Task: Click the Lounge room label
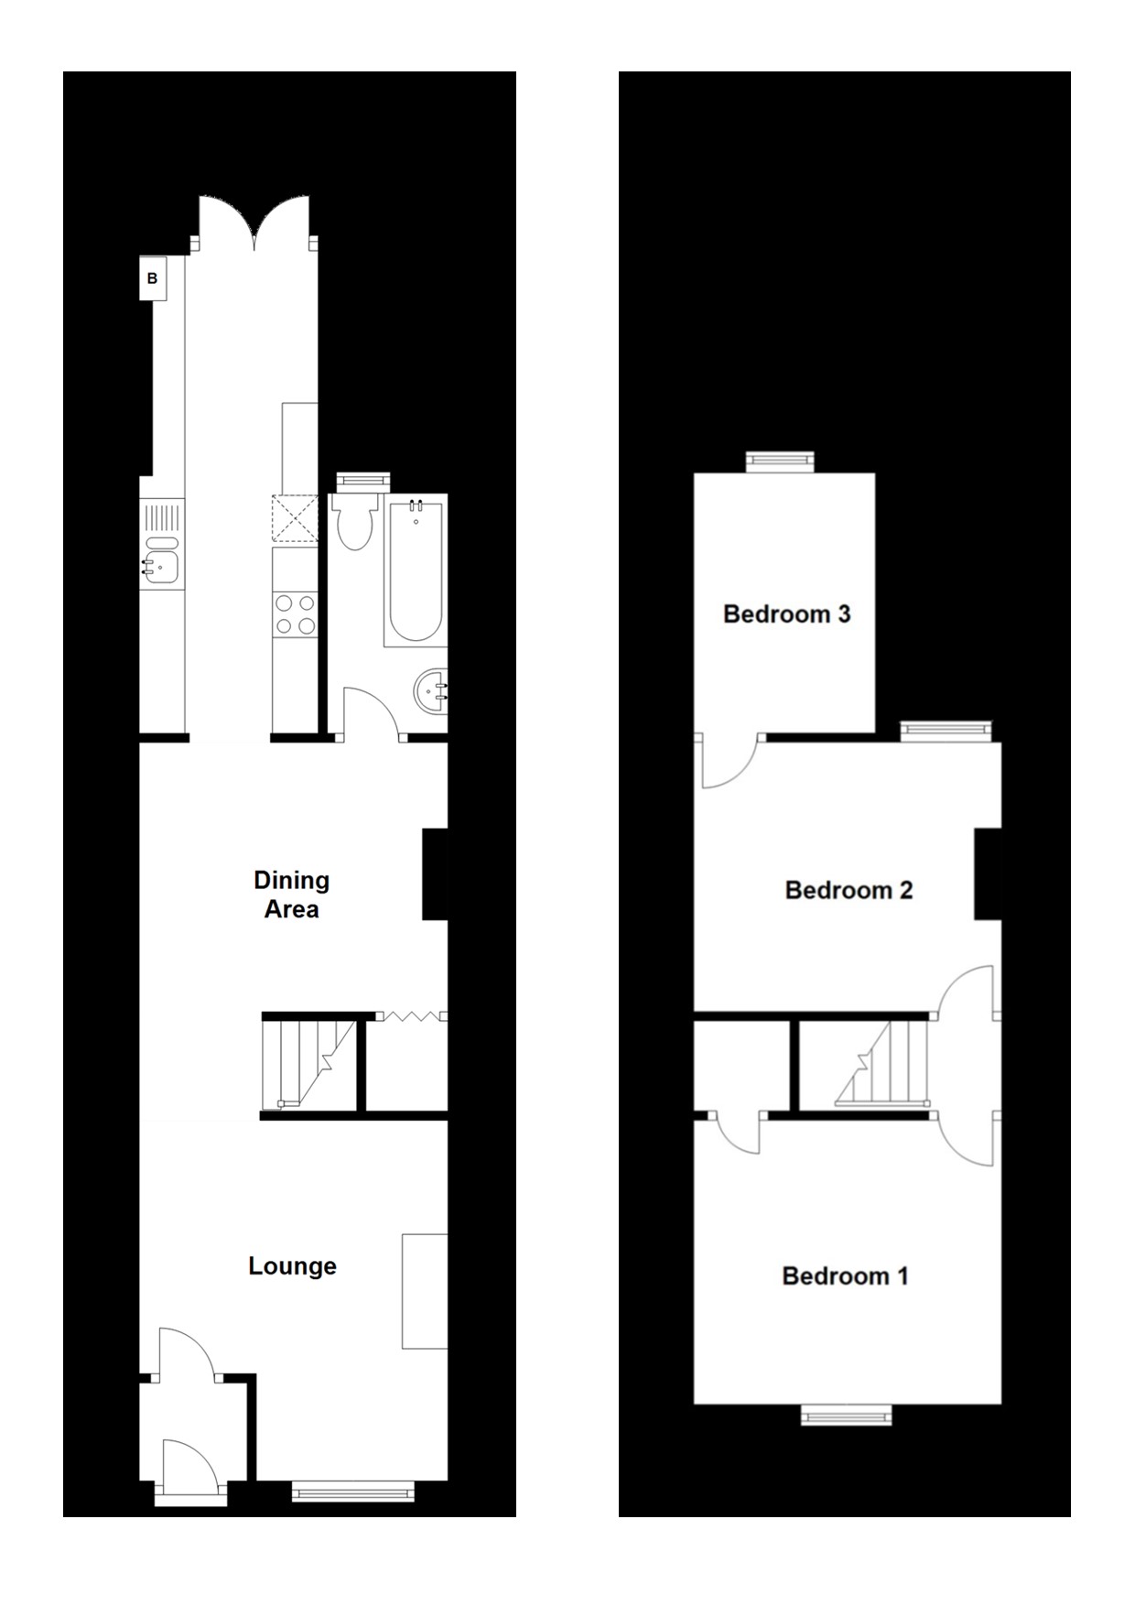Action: (292, 1266)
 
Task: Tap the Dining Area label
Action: (291, 895)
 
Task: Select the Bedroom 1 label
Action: (845, 1275)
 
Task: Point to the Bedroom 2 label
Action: (849, 890)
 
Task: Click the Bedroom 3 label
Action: (786, 613)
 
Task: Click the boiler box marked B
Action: (153, 278)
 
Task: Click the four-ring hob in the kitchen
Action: (295, 614)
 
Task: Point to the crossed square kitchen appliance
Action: (294, 518)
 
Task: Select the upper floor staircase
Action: (882, 1065)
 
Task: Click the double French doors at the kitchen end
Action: (254, 222)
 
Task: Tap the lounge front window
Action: (352, 1492)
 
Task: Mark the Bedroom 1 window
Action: (846, 1416)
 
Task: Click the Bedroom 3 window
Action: (779, 461)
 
